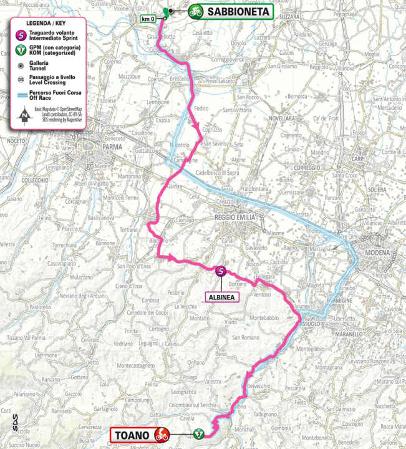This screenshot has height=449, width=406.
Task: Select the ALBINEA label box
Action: (x=220, y=297)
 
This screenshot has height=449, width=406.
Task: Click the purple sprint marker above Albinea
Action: (x=220, y=271)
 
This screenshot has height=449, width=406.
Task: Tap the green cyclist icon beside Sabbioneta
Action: (x=196, y=11)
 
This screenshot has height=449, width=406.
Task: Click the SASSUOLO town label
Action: (x=308, y=324)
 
